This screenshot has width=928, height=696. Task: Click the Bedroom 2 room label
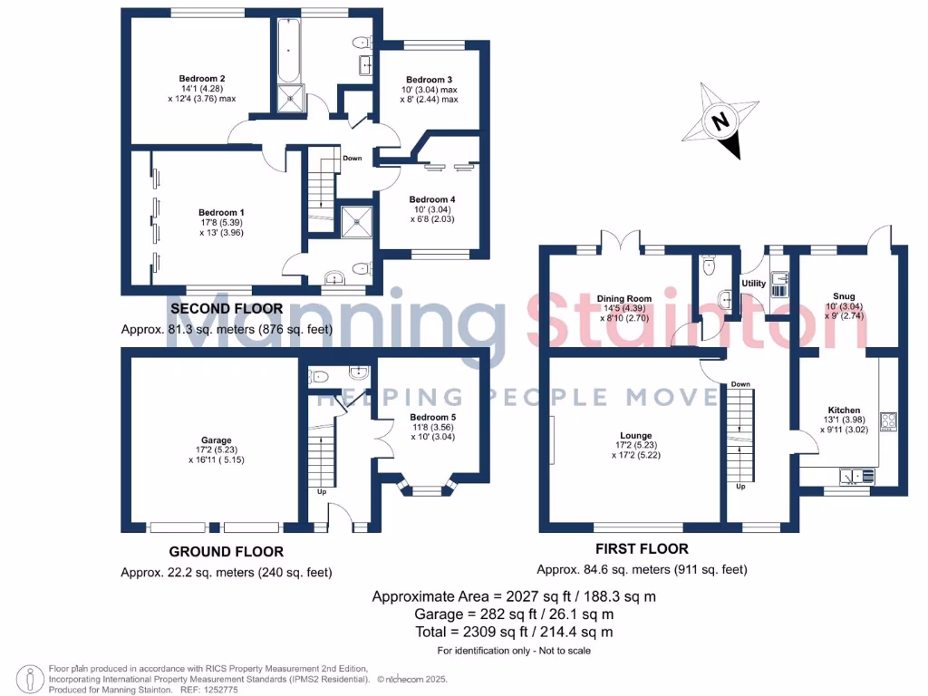197,78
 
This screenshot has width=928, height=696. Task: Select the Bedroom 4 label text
431,199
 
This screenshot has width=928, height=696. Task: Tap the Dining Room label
624,299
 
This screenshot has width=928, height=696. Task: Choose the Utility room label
753,284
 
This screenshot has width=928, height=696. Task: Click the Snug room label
844,295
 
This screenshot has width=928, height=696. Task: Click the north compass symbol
721,121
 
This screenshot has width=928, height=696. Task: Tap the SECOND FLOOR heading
227,309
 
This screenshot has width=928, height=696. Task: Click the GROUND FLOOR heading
227,551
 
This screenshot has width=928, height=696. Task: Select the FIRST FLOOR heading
642,548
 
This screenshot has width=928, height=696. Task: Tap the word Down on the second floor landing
353,159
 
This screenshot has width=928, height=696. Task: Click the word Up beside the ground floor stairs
321,492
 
